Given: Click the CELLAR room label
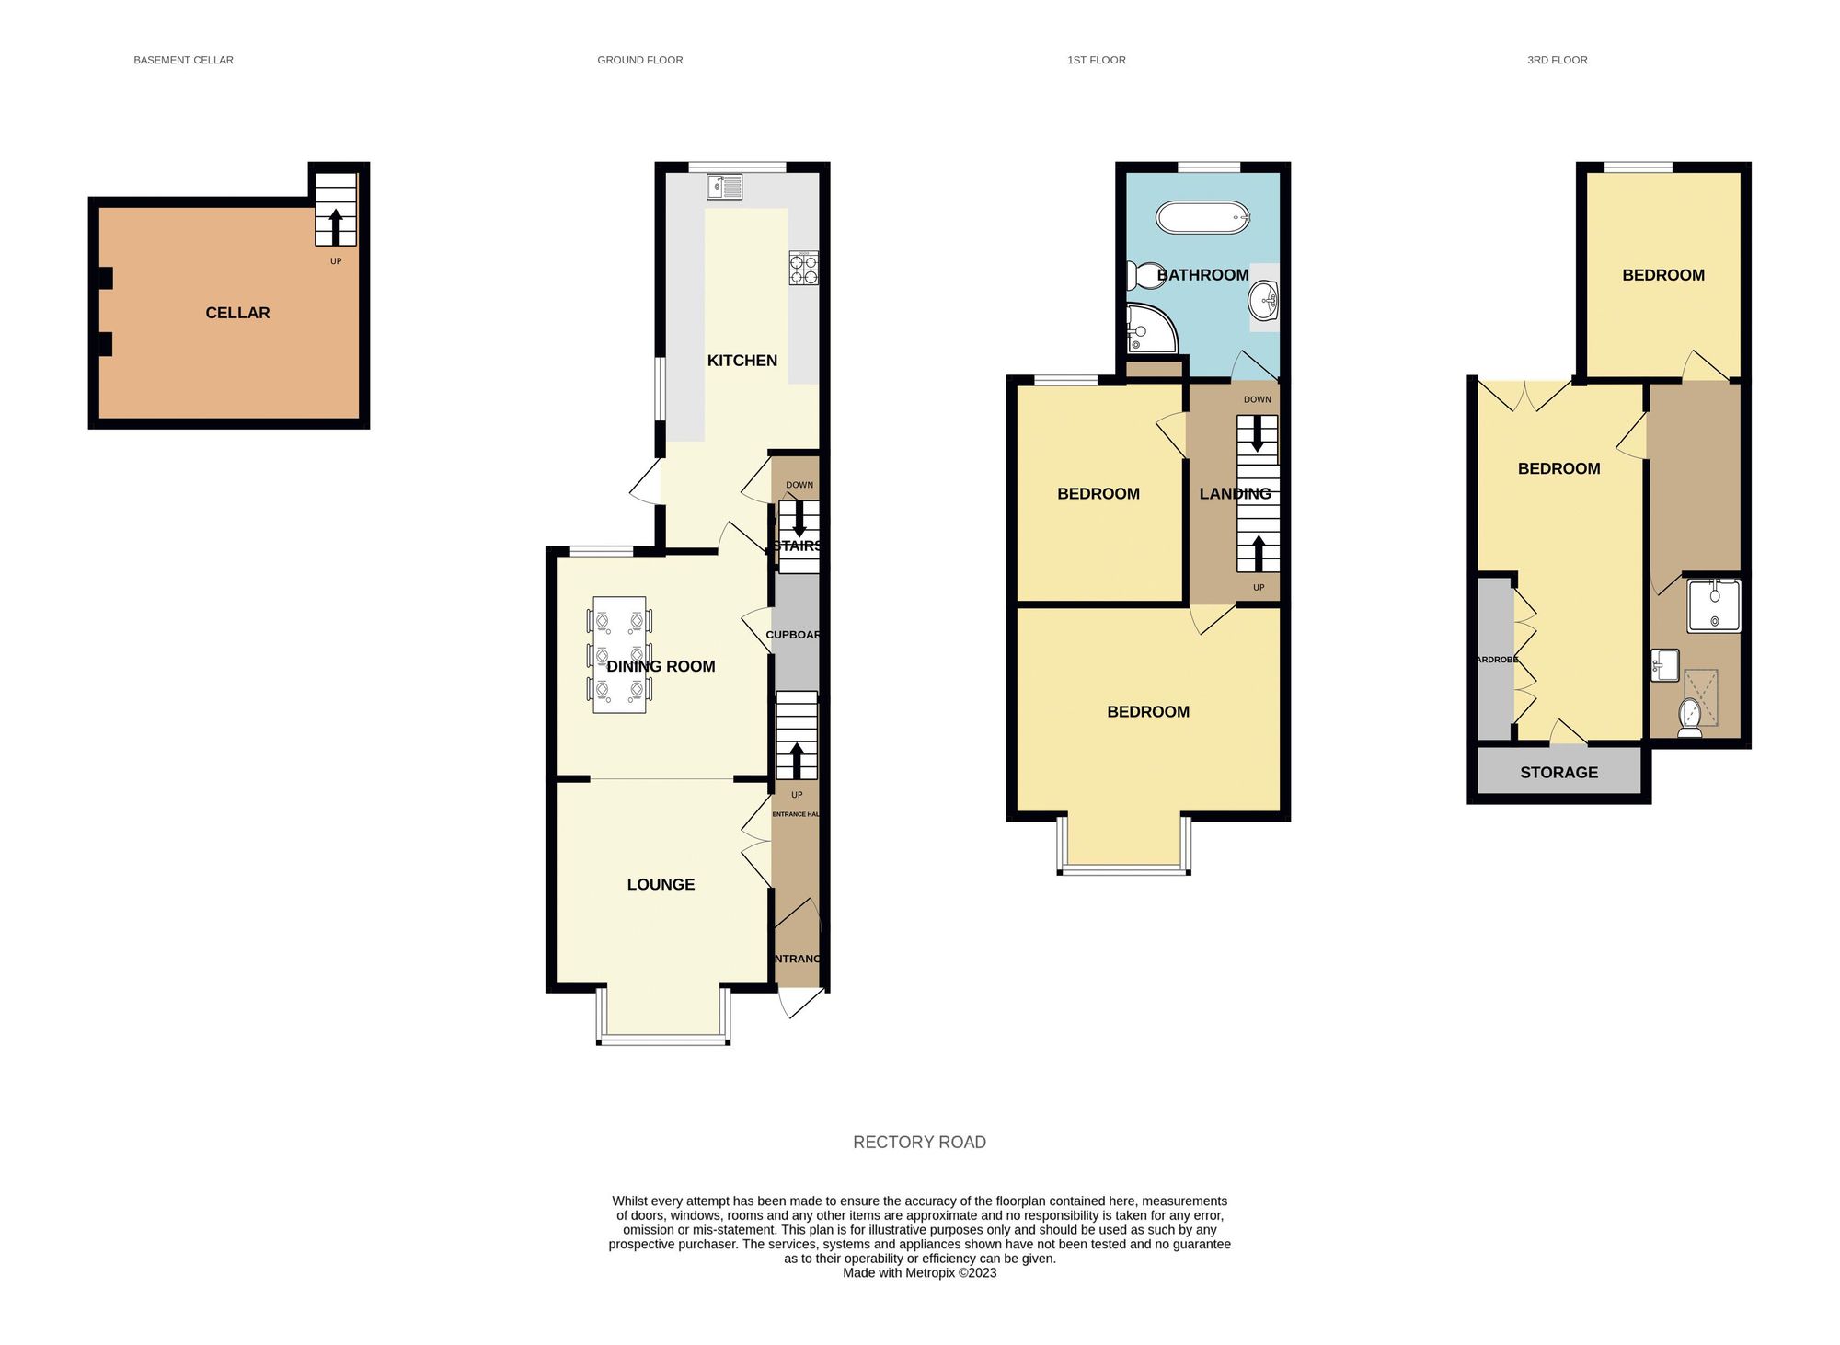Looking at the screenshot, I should tap(237, 313).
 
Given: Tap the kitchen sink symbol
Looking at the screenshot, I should tap(725, 187).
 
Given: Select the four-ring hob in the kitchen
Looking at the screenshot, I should tap(803, 268).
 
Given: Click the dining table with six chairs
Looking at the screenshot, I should tap(619, 655).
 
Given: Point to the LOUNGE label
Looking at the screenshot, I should tap(661, 884).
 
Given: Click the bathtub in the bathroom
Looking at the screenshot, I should tap(1202, 219).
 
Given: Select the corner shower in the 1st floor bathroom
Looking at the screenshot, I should tap(1148, 329).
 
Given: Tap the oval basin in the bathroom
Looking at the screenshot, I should tap(1262, 300).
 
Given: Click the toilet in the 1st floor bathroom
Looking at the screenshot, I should tap(1143, 275).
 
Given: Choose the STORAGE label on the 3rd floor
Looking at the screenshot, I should tap(1558, 772).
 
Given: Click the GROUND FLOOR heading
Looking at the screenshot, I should tap(639, 60).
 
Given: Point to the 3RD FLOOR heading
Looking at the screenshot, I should tap(1557, 60).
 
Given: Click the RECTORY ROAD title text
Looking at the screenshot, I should tap(919, 1142).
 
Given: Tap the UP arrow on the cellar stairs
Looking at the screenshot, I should tap(336, 225).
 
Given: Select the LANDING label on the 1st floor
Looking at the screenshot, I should tap(1235, 494).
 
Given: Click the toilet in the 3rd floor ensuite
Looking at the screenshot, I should tap(1689, 718).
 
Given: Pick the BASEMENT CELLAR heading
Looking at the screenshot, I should tap(183, 60).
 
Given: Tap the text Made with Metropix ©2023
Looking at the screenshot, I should tap(919, 1273).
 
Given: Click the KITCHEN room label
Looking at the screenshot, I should tap(742, 361).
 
